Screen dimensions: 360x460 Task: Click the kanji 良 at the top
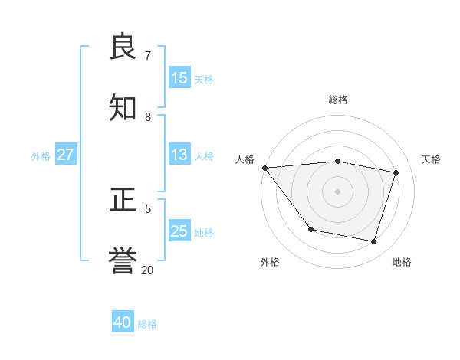[x=123, y=47]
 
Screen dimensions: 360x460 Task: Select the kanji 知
[x=123, y=108]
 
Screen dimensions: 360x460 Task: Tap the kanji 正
[x=123, y=201]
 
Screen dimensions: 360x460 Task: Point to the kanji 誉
[x=123, y=261]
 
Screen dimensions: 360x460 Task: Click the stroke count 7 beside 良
[x=148, y=56]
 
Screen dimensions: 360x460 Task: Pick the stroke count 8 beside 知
[x=148, y=116]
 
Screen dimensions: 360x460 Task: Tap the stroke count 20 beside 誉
[x=148, y=270]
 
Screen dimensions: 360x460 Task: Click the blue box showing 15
[x=179, y=78]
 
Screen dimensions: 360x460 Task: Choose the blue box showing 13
[x=179, y=155]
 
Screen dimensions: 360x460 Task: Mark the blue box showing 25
[x=179, y=231]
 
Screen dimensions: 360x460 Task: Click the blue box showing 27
[x=66, y=155]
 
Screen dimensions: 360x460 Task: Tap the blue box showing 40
[x=123, y=322]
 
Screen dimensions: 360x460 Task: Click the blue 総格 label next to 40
[x=147, y=324]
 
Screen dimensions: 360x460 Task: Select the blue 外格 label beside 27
[x=41, y=156]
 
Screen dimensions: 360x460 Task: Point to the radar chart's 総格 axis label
[x=337, y=100]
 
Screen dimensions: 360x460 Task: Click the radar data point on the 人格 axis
[x=264, y=168]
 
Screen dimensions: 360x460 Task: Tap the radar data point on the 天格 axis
[x=396, y=172]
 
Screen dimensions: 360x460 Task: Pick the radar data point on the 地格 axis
[x=373, y=241]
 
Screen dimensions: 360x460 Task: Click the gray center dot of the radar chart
[x=337, y=191]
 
